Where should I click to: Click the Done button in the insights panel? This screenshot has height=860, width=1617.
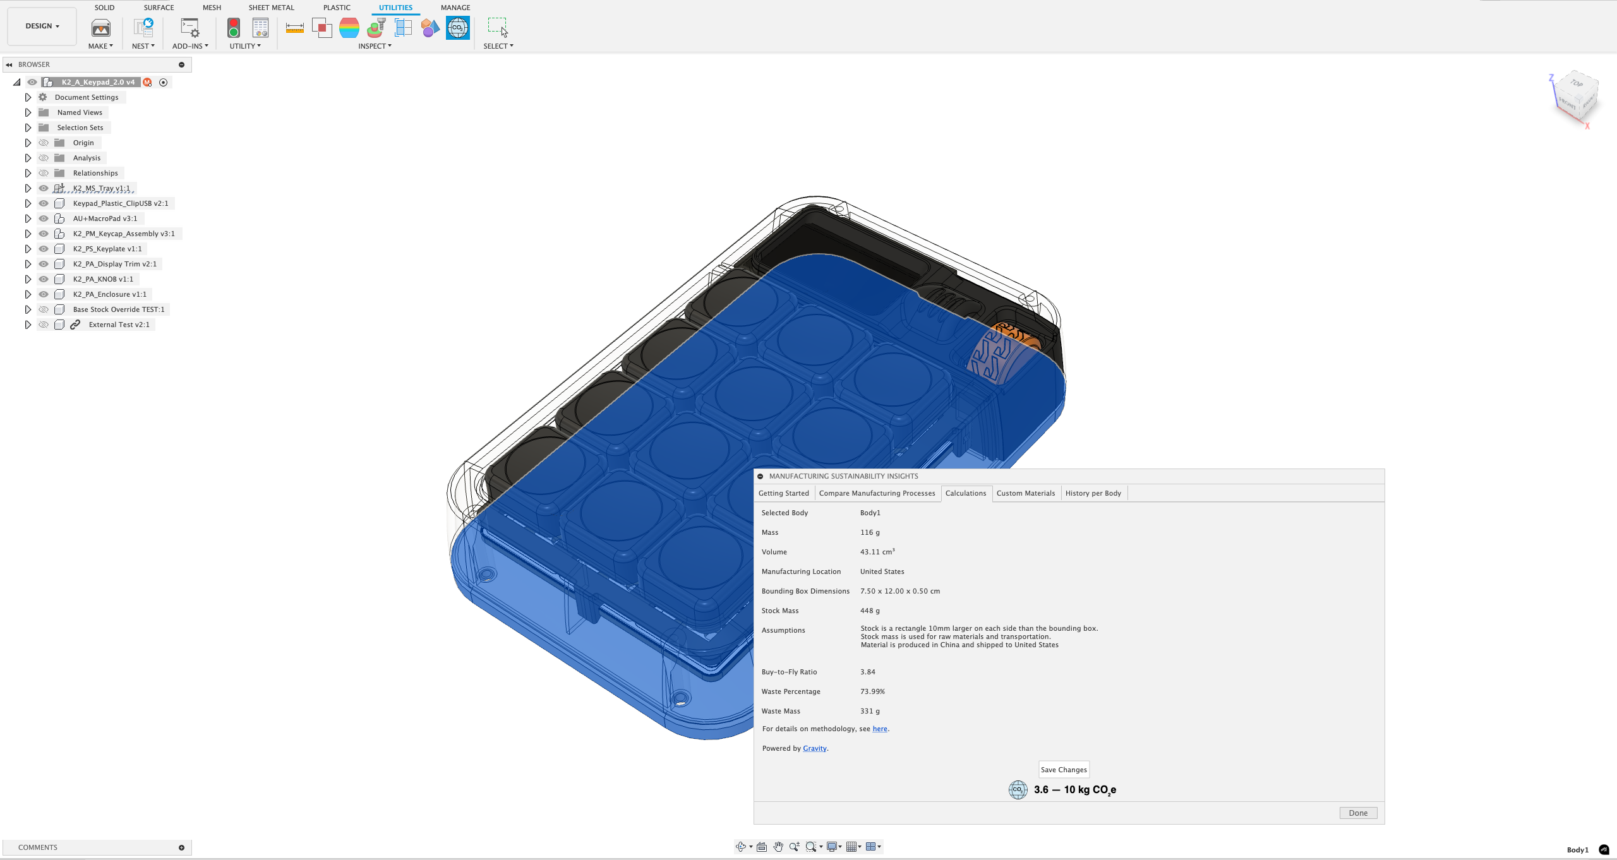tap(1358, 813)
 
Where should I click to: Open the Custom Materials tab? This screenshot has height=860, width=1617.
tap(1025, 493)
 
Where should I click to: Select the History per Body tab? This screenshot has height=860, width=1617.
tap(1093, 493)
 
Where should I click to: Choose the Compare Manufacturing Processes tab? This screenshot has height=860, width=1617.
tap(877, 493)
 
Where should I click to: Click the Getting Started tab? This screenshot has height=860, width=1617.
tap(783, 493)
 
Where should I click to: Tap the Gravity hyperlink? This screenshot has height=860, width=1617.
tap(815, 748)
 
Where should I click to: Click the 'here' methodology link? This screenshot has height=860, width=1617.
tap(880, 729)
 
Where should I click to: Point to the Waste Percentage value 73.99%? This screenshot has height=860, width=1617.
tap(872, 691)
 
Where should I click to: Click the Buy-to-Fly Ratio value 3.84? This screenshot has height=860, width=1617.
tap(867, 672)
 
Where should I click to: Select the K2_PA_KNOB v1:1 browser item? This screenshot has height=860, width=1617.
tap(103, 279)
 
